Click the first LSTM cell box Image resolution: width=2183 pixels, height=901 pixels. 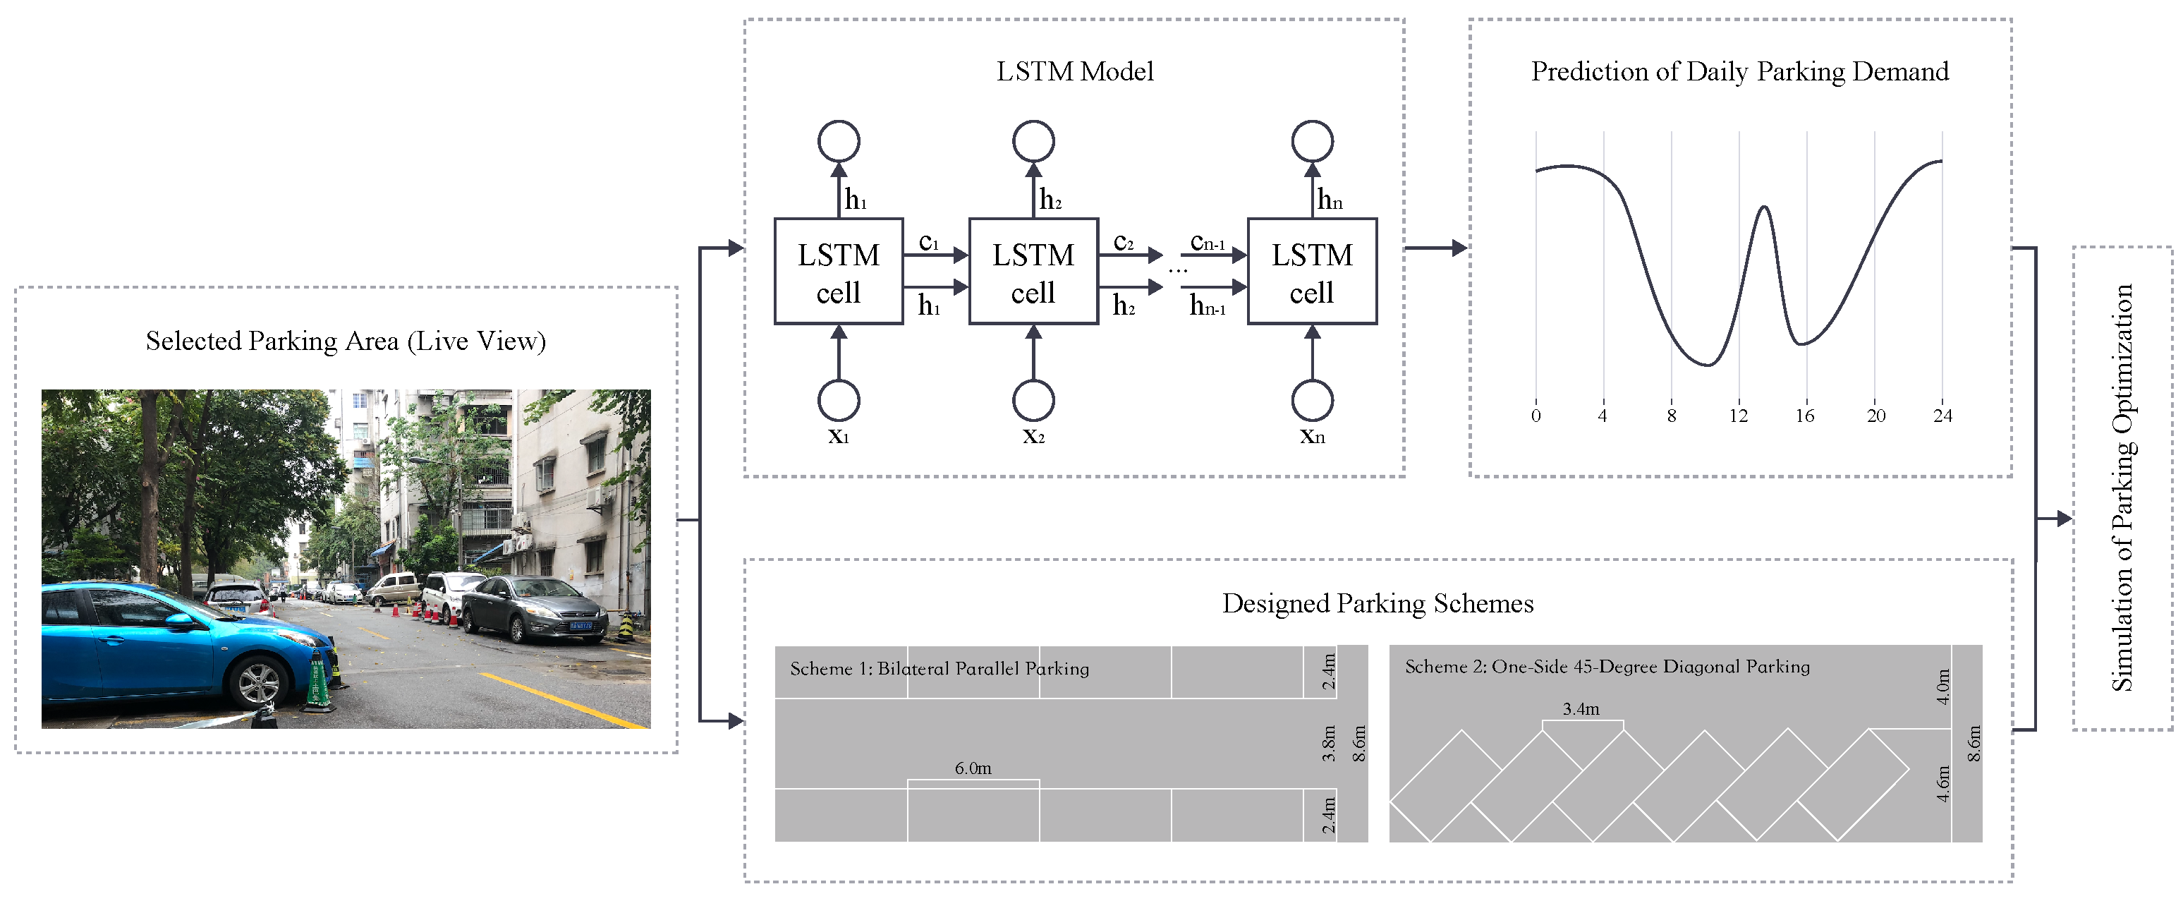(x=838, y=271)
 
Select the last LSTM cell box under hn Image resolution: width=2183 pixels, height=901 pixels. (x=1311, y=271)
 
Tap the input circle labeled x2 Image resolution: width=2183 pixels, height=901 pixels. (x=1033, y=400)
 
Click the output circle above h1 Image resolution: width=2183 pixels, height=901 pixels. (x=838, y=140)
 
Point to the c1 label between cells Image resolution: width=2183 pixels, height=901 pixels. (x=929, y=243)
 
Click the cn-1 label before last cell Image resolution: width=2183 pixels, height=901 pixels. (x=1207, y=243)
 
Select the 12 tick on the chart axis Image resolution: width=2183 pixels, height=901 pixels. (x=1738, y=416)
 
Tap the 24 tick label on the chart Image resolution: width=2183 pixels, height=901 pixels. (x=1942, y=416)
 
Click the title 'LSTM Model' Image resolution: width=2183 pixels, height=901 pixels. (x=1074, y=71)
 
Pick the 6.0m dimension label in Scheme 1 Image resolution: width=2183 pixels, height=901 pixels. (x=973, y=768)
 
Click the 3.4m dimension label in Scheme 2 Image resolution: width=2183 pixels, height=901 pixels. (x=1581, y=708)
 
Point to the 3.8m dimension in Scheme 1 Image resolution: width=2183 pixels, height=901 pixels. (x=1329, y=744)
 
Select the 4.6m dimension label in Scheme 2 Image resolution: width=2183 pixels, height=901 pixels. (x=1943, y=784)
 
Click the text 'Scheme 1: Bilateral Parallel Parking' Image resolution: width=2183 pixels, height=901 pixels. (x=939, y=669)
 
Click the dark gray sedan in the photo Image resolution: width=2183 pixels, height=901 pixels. (x=534, y=609)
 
